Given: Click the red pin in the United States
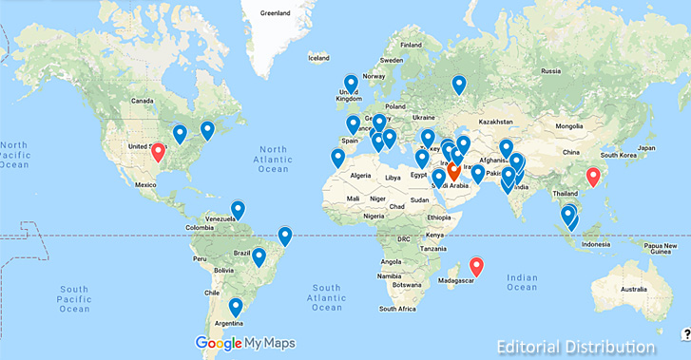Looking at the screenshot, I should point(158,151).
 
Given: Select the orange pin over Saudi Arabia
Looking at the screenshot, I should point(453,172).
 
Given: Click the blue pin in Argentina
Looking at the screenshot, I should point(236,307).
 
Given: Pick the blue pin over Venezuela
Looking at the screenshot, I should point(238,209).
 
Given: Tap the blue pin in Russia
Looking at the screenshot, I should point(459,85).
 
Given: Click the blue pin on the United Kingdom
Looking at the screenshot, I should point(351,84).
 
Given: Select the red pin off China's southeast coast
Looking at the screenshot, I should point(594,176).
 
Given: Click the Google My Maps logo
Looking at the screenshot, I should point(245,343).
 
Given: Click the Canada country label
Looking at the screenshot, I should point(142,101).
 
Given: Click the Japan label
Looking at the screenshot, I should point(647,148).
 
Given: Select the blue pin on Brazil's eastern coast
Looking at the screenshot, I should point(284,236).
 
